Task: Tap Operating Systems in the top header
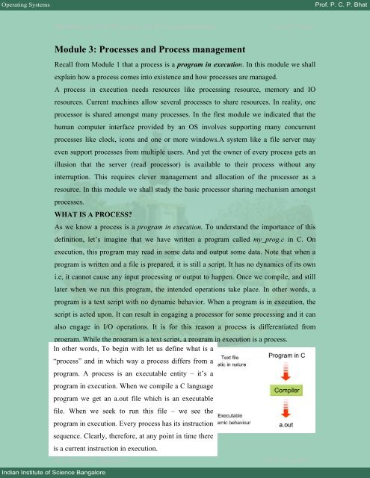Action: (29, 6)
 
